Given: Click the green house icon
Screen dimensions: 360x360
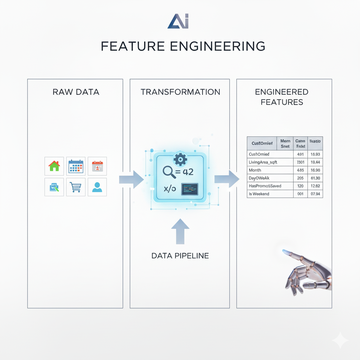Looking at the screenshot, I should pyautogui.click(x=54, y=166).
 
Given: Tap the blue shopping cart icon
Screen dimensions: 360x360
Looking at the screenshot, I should pyautogui.click(x=76, y=187).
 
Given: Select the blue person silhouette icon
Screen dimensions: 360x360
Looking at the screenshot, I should pyautogui.click(x=97, y=187).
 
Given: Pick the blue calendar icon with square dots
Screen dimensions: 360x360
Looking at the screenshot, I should pyautogui.click(x=76, y=166).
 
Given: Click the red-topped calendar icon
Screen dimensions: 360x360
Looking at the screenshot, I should pyautogui.click(x=97, y=166).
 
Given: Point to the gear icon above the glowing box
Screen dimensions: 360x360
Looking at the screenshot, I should pyautogui.click(x=180, y=159).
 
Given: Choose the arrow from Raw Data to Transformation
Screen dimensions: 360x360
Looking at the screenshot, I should pyautogui.click(x=131, y=179).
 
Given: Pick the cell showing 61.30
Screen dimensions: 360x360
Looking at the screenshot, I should pyautogui.click(x=315, y=178).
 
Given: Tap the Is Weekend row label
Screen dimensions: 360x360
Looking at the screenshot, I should pyautogui.click(x=259, y=194).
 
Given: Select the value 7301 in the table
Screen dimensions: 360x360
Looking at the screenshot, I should pyautogui.click(x=300, y=162).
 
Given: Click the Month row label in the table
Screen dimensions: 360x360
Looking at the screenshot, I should pyautogui.click(x=255, y=170).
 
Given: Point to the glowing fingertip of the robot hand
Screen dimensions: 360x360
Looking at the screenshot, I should pyautogui.click(x=285, y=252).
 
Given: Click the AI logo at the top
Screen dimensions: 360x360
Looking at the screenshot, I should pyautogui.click(x=178, y=22).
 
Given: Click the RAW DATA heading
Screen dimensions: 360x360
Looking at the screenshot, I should pyautogui.click(x=76, y=92).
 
